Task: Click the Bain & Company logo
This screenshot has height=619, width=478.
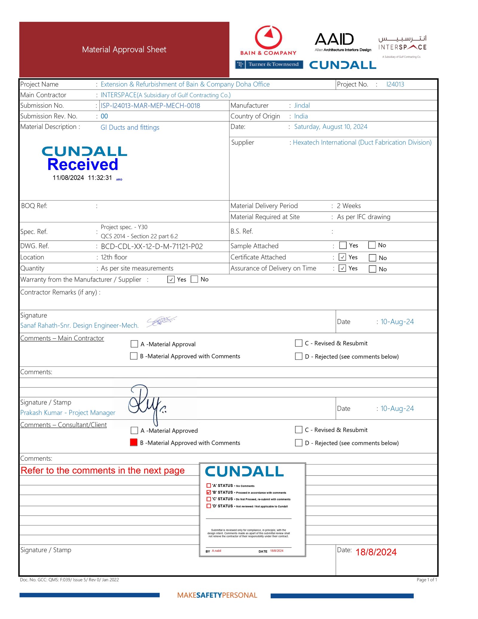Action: [268, 41]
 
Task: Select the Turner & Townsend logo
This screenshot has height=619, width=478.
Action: [269, 64]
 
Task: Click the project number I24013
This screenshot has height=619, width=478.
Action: [395, 84]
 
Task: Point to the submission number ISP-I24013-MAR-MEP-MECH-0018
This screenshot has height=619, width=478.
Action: [150, 106]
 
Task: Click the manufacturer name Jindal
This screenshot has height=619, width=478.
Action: [302, 106]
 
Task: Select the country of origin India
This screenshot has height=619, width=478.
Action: [301, 116]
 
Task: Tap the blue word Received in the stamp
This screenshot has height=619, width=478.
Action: [83, 164]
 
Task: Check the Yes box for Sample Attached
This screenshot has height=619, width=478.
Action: [343, 245]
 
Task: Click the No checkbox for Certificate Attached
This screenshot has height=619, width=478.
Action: [373, 258]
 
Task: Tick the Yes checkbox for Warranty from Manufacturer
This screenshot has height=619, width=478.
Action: [171, 279]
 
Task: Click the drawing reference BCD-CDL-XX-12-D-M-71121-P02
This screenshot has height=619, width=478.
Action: [152, 246]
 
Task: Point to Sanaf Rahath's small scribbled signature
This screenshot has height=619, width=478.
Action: [161, 321]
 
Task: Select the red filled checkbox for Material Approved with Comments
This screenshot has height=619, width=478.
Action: [134, 442]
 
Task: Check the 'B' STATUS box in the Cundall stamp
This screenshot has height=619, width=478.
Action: [209, 492]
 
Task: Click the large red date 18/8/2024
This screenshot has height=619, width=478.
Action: [376, 552]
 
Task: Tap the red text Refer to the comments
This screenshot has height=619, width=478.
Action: [102, 470]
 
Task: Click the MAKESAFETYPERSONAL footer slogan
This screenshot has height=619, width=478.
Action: [217, 595]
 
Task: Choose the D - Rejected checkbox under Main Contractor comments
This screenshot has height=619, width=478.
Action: [298, 356]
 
